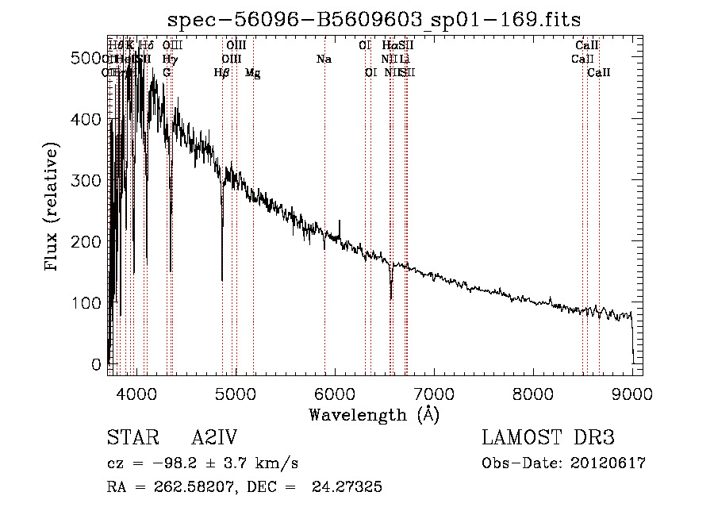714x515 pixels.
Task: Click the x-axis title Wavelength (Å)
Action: pos(374,414)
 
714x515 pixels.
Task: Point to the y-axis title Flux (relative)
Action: pos(53,207)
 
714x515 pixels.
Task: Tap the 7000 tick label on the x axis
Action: pos(434,393)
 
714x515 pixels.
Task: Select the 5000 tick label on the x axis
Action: pos(236,393)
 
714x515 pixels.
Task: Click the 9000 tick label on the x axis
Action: pos(632,393)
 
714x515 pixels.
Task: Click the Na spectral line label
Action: pos(324,59)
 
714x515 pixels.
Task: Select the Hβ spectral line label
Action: pos(222,72)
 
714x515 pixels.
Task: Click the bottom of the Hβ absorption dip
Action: pos(222,280)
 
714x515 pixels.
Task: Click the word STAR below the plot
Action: pos(132,438)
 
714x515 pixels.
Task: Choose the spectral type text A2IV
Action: pos(214,438)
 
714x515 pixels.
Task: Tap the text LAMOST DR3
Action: pos(548,438)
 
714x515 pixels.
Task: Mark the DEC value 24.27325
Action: pos(350,487)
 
